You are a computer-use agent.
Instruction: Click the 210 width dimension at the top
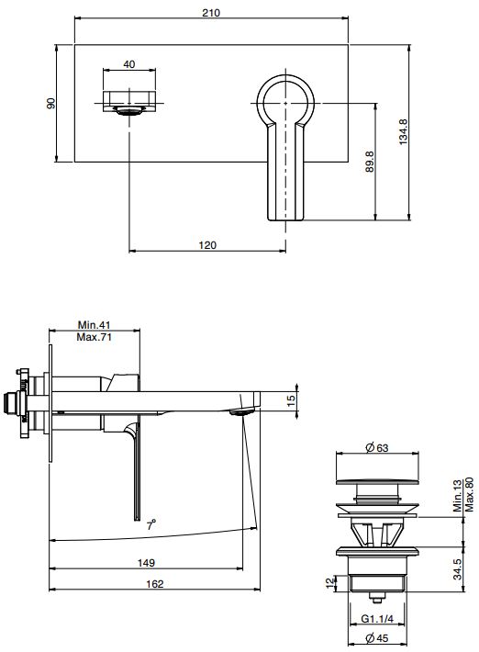coord(211,13)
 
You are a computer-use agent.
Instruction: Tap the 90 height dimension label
coord(51,103)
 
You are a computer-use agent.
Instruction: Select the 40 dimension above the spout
coord(129,64)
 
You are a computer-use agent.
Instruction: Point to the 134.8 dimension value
coord(404,132)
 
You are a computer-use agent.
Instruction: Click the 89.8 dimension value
coord(370,162)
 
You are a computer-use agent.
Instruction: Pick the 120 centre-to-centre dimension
coord(207,245)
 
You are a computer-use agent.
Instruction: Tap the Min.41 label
coord(95,325)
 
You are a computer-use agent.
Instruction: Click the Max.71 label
coord(95,337)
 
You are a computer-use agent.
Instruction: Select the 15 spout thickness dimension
coord(291,401)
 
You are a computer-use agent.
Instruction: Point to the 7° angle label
coord(151,524)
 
